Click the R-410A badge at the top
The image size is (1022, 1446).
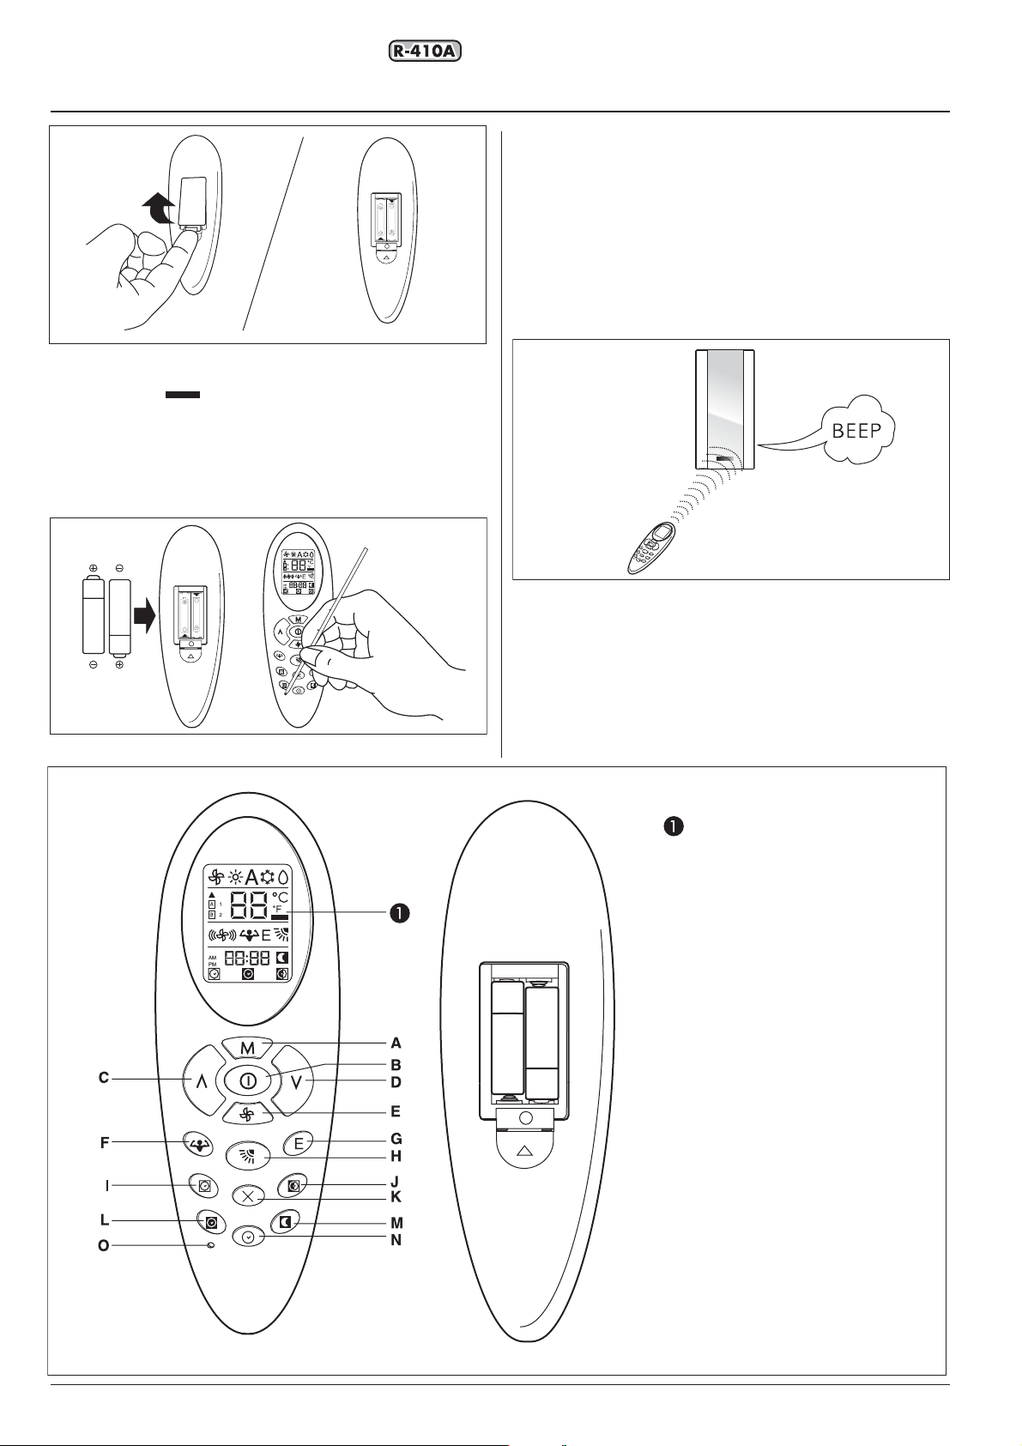pos(425,51)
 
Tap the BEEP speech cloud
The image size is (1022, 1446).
pos(856,430)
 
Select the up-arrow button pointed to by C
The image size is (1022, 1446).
pos(201,1082)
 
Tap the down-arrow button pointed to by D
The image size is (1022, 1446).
pos(295,1082)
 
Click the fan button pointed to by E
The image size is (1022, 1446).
pos(248,1115)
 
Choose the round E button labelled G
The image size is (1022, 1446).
pos(299,1143)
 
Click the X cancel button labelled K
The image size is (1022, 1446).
pos(249,1196)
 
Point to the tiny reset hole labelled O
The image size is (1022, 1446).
pos(210,1245)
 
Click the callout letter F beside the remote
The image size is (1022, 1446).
pos(105,1143)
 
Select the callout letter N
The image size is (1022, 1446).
pos(396,1239)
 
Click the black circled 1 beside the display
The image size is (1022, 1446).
pos(400,912)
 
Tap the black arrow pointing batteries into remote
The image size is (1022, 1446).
pos(145,616)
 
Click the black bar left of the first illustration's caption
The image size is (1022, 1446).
pos(182,395)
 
